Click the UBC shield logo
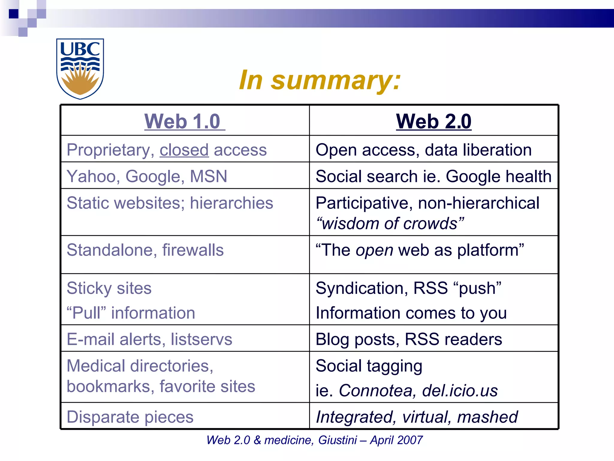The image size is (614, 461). tap(80, 68)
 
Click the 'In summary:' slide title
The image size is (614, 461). tap(320, 80)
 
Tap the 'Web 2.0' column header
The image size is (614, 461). tap(434, 121)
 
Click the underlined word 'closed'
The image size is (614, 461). tap(184, 150)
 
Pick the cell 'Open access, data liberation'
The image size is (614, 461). tap(423, 150)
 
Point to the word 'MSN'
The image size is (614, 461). tap(209, 176)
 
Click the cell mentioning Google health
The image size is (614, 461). tap(433, 176)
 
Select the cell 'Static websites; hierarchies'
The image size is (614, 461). tap(170, 203)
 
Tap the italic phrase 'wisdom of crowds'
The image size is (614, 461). tap(390, 224)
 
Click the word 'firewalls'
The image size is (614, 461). tap(193, 250)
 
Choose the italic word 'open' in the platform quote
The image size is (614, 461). tap(374, 250)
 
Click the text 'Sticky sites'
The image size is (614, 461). tap(109, 288)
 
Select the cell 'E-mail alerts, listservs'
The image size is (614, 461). tap(149, 339)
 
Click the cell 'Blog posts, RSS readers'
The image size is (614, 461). tap(409, 339)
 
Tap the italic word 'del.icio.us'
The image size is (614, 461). tap(460, 390)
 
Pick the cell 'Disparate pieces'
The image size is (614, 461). tap(130, 417)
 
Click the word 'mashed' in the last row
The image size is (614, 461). tap(487, 417)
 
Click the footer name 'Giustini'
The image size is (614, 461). tap(337, 440)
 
